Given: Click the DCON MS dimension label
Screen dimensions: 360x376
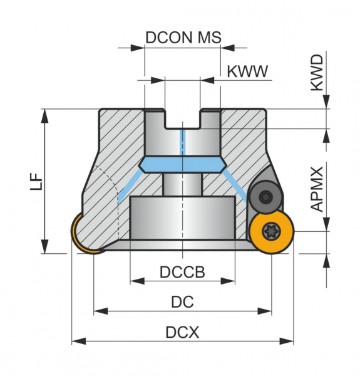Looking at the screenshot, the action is pos(183,38).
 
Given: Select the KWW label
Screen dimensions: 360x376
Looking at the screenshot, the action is pos(247,71).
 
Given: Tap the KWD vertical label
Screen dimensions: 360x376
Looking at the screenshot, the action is pos(317,73).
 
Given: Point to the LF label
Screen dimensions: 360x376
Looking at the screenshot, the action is pos(36,182).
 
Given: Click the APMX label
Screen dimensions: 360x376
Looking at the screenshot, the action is pos(317,189).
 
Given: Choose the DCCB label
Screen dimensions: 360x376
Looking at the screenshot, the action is pos(182,272).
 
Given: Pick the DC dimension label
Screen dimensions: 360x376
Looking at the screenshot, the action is pos(182,301).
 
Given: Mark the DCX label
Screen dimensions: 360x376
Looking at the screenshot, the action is pos(182,332).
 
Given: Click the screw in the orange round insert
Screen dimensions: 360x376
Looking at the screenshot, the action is pos(271,231).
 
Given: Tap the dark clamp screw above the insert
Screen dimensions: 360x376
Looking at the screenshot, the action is pos(265,197).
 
